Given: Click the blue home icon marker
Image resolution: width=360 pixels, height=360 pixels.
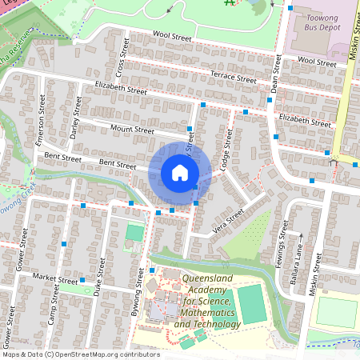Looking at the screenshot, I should pyautogui.click(x=180, y=172).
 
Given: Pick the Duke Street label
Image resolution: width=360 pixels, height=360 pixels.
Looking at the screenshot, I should pyautogui.click(x=98, y=278).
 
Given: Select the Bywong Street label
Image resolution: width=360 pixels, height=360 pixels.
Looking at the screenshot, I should pyautogui.click(x=137, y=292).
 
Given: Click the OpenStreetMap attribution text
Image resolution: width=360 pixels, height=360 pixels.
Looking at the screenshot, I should pyautogui.click(x=81, y=354).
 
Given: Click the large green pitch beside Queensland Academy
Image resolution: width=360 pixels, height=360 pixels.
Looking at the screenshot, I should pyautogui.click(x=252, y=304).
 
